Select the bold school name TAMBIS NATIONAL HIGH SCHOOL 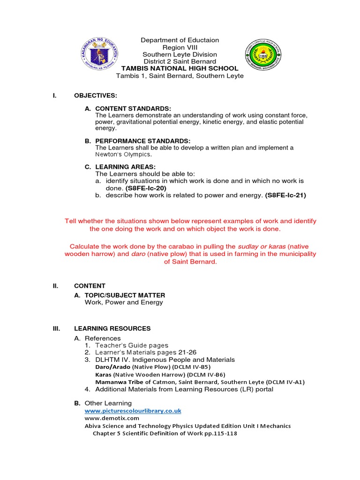click(x=180, y=68)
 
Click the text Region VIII click(x=180, y=47)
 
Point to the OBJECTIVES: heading click(x=96, y=96)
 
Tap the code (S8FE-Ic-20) click(x=146, y=188)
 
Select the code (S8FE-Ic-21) click(x=285, y=195)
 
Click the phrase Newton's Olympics click(x=124, y=154)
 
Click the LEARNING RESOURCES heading click(x=112, y=328)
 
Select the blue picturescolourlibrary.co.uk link click(x=133, y=411)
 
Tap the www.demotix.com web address click(x=112, y=418)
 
